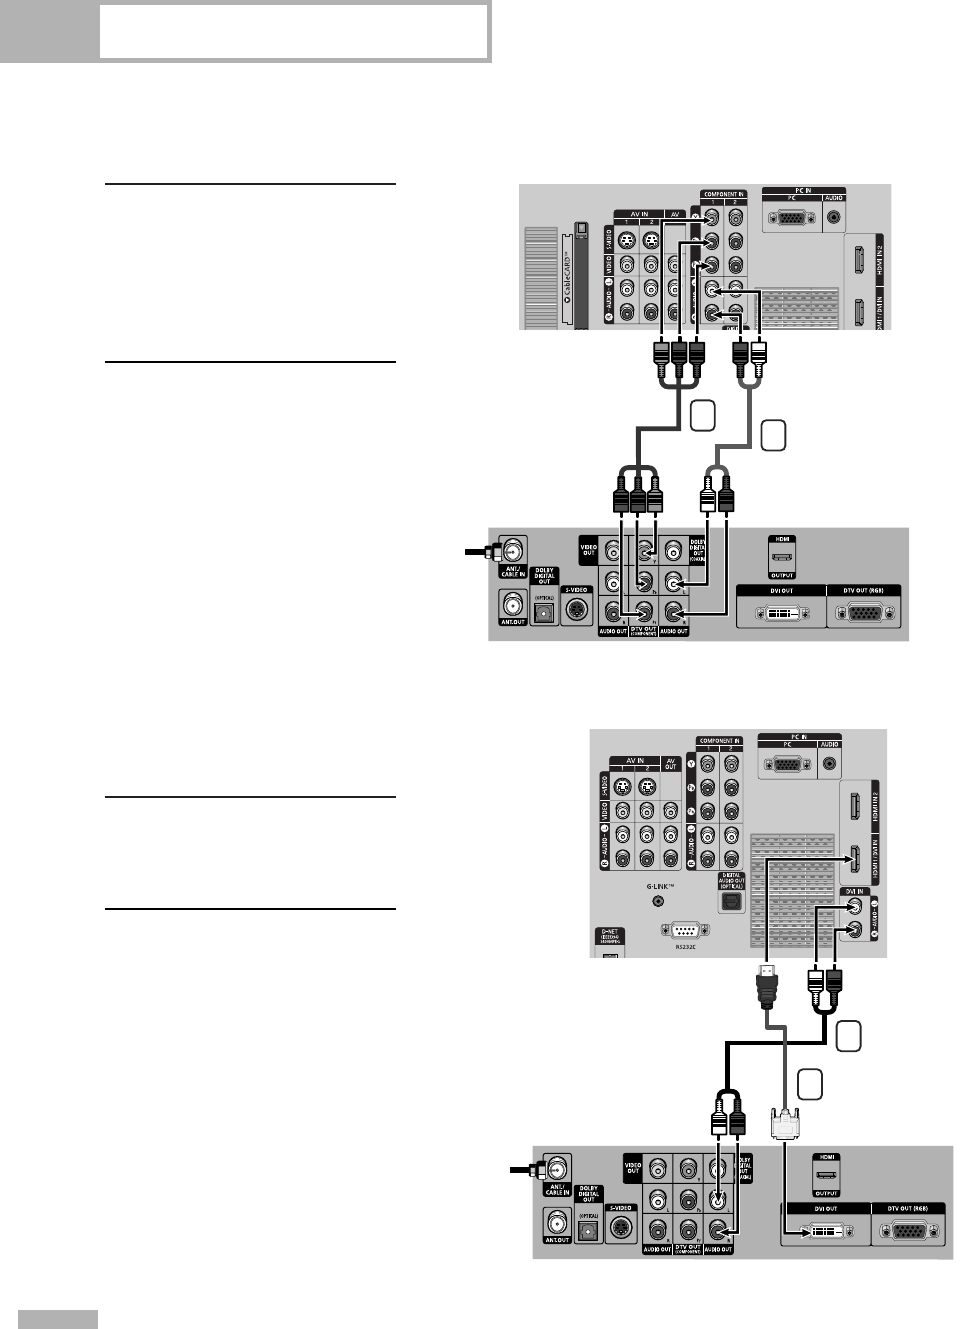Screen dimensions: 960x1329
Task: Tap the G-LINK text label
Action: [x=660, y=886]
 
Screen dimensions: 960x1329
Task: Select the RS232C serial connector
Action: [x=685, y=929]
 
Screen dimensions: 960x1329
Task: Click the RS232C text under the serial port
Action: [x=685, y=946]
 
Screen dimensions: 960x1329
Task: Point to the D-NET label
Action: [x=609, y=935]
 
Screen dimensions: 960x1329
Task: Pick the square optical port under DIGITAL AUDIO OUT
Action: [x=731, y=900]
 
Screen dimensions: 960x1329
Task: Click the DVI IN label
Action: [x=854, y=891]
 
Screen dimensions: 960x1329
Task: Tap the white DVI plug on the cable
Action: [x=785, y=1122]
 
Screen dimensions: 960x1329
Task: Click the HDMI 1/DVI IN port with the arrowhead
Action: [x=855, y=858]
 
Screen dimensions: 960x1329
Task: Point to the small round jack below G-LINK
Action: [x=658, y=901]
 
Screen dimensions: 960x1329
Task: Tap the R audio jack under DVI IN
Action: [x=853, y=929]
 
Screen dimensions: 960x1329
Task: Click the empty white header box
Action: [x=293, y=32]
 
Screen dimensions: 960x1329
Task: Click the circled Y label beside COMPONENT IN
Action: [x=691, y=765]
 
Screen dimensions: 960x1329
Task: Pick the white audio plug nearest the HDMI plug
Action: [x=816, y=984]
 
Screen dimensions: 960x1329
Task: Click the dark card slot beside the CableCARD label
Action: [x=579, y=275]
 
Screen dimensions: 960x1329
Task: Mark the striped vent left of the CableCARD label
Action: [x=541, y=276]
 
